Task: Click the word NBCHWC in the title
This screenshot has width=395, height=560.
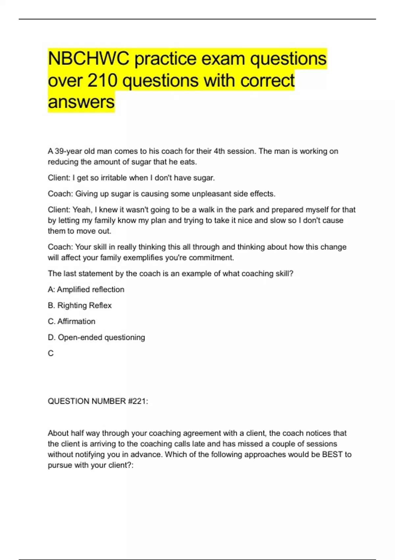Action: [89, 59]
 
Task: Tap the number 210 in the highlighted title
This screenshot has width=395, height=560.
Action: [102, 80]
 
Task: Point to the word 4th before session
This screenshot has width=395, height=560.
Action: [220, 151]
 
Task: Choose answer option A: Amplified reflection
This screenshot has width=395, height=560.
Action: [86, 290]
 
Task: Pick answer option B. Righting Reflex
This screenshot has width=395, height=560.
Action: [80, 305]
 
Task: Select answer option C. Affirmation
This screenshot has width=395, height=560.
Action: [71, 322]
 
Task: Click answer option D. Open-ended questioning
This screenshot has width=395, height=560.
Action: [96, 337]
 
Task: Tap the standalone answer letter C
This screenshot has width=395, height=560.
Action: [51, 353]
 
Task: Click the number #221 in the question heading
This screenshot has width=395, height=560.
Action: [138, 401]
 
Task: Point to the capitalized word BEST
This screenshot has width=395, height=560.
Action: [332, 455]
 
